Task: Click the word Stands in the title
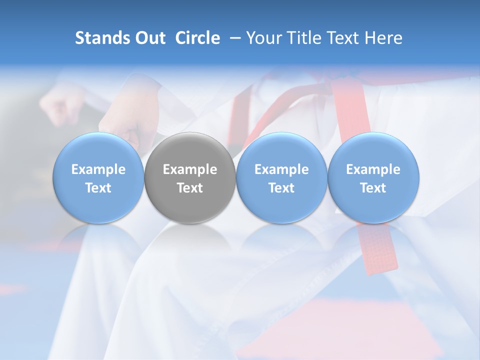pyautogui.click(x=100, y=38)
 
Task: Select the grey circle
pyautogui.click(x=190, y=178)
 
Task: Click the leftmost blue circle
pyautogui.click(x=98, y=178)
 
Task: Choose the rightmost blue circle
pyautogui.click(x=373, y=178)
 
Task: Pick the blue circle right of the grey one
pyautogui.click(x=281, y=178)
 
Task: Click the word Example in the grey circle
pyautogui.click(x=190, y=169)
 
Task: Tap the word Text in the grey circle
pyautogui.click(x=190, y=188)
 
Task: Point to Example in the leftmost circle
pyautogui.click(x=98, y=169)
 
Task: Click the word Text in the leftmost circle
pyautogui.click(x=98, y=188)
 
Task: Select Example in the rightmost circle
pyautogui.click(x=373, y=169)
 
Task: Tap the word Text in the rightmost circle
pyautogui.click(x=373, y=188)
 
